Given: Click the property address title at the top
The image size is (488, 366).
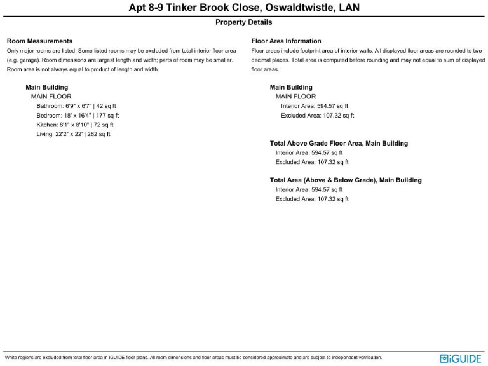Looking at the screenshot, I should (244, 8).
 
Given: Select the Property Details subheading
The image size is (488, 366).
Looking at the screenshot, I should (244, 22).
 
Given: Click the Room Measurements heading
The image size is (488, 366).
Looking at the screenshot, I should (39, 41).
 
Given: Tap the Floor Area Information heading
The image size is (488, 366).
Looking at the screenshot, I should (287, 41).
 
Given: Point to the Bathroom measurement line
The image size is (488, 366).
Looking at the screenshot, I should (76, 106).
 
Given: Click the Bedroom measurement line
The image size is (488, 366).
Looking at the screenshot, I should (78, 116).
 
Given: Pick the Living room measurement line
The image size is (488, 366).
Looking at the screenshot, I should (74, 134).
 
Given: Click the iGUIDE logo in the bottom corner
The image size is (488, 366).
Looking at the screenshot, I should (461, 358).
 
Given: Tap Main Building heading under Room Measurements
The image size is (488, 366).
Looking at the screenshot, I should (46, 87).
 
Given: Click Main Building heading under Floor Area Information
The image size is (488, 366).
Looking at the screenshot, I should (291, 87).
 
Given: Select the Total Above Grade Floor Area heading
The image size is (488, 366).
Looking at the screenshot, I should (339, 144).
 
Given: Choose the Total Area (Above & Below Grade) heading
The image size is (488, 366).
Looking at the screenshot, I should (346, 180).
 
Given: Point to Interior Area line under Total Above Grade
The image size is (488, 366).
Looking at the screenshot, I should (309, 153).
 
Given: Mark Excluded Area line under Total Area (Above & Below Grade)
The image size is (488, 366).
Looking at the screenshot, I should (312, 199).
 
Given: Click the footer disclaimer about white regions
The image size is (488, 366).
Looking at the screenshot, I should (193, 358).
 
